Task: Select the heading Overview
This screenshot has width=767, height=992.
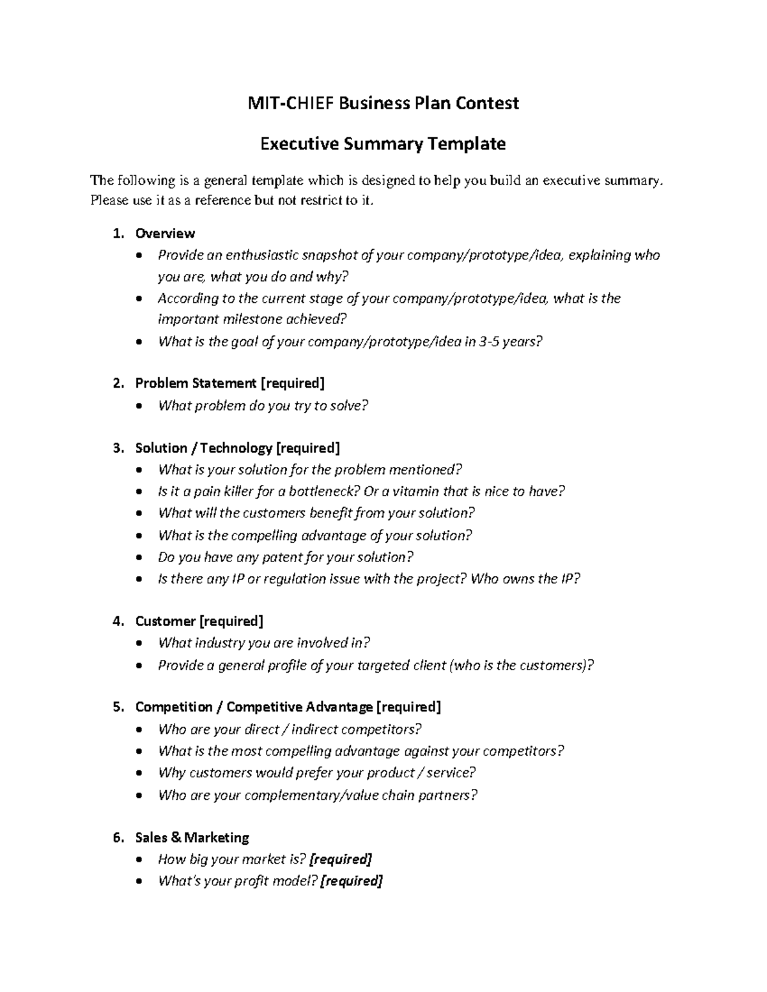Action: (x=165, y=234)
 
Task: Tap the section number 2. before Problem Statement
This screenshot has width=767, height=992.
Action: (x=118, y=383)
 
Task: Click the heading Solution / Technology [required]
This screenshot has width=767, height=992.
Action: (x=237, y=448)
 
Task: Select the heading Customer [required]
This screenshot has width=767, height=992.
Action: (x=199, y=622)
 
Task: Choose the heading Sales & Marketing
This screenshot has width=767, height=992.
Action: (x=192, y=837)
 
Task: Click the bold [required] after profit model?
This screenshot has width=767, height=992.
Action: (x=351, y=881)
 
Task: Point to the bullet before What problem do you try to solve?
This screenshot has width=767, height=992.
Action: (x=140, y=406)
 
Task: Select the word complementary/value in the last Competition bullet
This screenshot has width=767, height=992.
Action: (x=311, y=796)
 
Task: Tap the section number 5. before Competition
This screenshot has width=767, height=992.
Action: (x=118, y=707)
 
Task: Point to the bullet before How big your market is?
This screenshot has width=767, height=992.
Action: (x=140, y=860)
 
